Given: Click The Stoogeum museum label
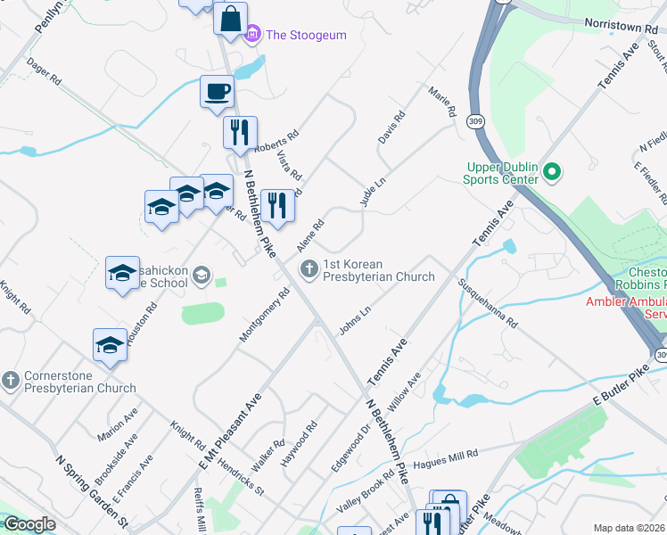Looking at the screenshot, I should point(306,35).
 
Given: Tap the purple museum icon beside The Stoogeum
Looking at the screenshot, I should point(252,35).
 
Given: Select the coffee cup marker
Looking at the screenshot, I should point(218,91).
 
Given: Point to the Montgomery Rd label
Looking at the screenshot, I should point(265,315).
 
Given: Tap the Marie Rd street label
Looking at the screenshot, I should point(441,103).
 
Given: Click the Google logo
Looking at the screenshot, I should point(29,524).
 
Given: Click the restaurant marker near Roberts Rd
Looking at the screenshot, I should point(239,133).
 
